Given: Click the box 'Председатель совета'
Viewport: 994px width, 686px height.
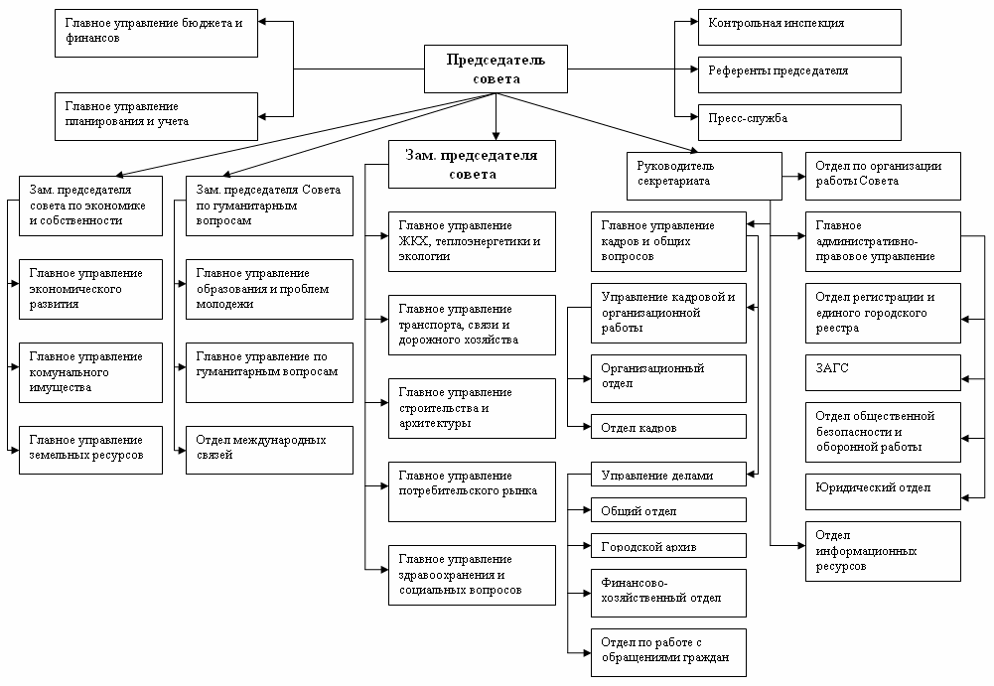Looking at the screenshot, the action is [x=496, y=69].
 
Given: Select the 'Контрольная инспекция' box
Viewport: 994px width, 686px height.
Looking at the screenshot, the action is [x=799, y=27].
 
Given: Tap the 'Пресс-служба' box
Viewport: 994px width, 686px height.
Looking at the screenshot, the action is [x=799, y=122].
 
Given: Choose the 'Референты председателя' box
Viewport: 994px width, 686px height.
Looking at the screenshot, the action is [x=799, y=74].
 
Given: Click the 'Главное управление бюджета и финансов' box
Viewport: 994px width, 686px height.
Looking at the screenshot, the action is [x=156, y=33].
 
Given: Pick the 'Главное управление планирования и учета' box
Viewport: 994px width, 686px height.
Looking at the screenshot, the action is [x=156, y=117].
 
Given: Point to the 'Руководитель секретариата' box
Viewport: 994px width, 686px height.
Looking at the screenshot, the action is [x=704, y=177].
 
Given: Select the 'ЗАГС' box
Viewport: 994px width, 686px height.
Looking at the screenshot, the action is [x=883, y=373].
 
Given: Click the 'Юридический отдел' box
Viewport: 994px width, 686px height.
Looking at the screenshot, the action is [x=883, y=492].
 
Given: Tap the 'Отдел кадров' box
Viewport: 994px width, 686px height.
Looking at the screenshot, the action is [x=669, y=427].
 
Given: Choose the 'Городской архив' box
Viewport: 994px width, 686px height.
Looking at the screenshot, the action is [x=669, y=546].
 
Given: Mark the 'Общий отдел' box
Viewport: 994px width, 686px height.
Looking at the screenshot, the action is [x=669, y=509].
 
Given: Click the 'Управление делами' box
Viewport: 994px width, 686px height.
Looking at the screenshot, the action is [x=669, y=475].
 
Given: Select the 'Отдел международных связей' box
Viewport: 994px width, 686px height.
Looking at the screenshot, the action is [x=269, y=450].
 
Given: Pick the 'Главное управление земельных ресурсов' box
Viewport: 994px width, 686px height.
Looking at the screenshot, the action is [x=90, y=450].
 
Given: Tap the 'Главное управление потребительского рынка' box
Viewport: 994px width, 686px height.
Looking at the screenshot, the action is [x=472, y=492].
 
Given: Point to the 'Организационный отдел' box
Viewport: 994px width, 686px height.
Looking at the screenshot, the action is [x=669, y=378].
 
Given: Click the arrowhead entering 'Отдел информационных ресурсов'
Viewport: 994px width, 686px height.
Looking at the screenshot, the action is [x=802, y=545].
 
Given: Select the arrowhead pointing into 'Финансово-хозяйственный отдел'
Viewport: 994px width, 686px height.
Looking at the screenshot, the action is [x=587, y=594].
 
